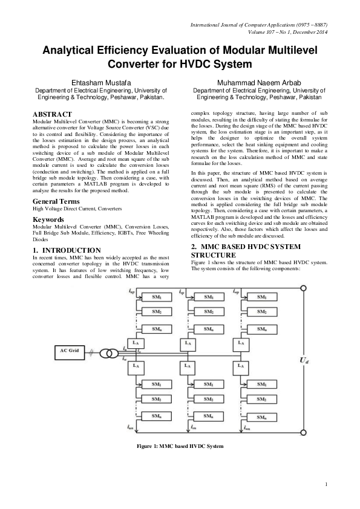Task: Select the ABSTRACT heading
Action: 52,114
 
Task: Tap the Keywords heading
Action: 50,219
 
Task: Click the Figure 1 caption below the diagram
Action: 180,446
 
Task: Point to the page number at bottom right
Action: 325,485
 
